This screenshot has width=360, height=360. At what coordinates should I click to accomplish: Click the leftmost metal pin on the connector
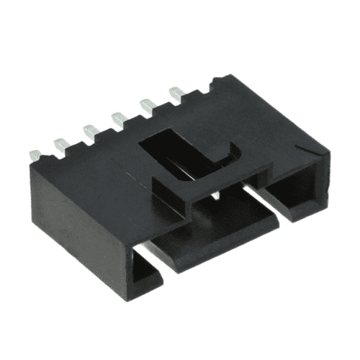[35, 155]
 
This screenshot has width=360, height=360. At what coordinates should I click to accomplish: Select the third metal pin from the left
[90, 130]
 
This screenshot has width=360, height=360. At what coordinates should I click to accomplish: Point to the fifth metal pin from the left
[148, 104]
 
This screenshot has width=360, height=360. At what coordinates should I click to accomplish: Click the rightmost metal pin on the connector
[176, 91]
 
